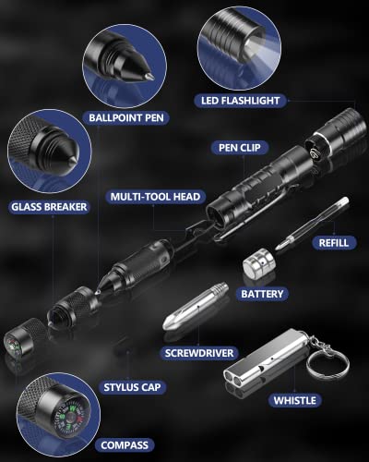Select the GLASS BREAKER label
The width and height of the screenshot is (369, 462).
(47, 207)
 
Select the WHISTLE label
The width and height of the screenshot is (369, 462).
(294, 400)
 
